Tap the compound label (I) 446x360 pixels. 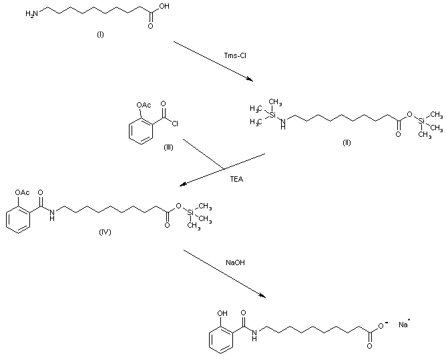tap(100, 34)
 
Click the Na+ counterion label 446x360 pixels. tap(404, 325)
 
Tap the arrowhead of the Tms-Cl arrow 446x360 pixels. tap(250, 80)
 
